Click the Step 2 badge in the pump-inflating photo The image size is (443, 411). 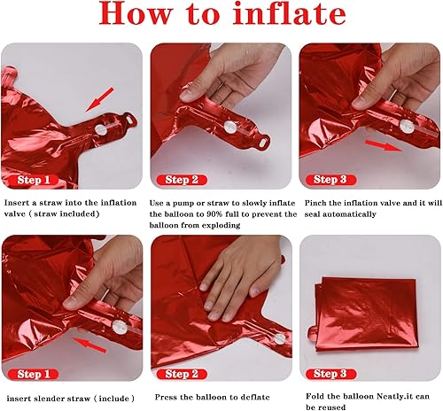[x=190, y=180]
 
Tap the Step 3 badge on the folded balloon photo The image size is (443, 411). [x=337, y=374]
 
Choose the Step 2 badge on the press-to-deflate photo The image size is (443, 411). [x=190, y=374]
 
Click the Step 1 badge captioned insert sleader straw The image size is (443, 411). [x=39, y=374]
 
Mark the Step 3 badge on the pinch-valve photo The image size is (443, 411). [x=337, y=180]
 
